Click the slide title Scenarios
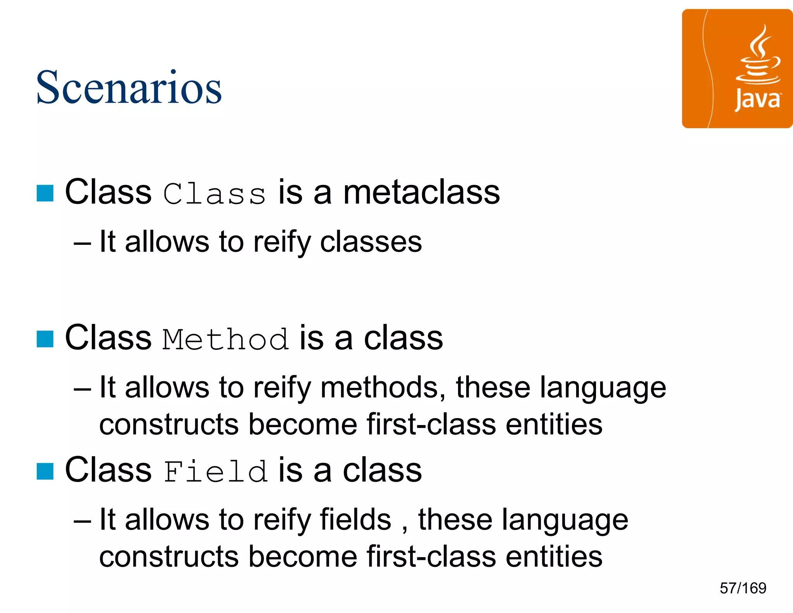click(129, 88)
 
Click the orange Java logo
click(737, 69)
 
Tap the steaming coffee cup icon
click(758, 56)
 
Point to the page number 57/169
click(743, 588)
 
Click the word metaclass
click(422, 193)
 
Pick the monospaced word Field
click(215, 471)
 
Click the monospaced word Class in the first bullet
click(215, 193)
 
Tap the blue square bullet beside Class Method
click(45, 339)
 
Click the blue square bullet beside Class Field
click(45, 471)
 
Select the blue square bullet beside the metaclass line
click(45, 193)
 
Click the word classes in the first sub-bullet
click(371, 242)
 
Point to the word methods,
click(383, 387)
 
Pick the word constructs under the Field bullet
click(169, 556)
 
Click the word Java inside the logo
click(757, 100)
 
